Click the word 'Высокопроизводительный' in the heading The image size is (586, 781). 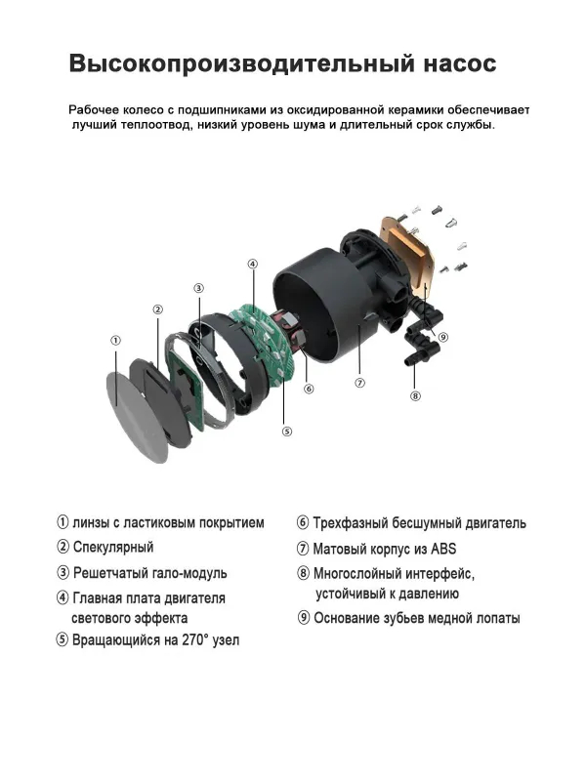click(228, 64)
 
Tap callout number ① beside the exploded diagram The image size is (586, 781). click(115, 341)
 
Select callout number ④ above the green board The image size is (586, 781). click(252, 264)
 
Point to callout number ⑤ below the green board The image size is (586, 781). click(286, 431)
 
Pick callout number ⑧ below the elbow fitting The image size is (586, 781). click(415, 395)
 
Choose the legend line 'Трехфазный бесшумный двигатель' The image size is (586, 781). click(419, 523)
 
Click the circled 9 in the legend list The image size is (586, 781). click(304, 618)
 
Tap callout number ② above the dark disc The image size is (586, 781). click(157, 309)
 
